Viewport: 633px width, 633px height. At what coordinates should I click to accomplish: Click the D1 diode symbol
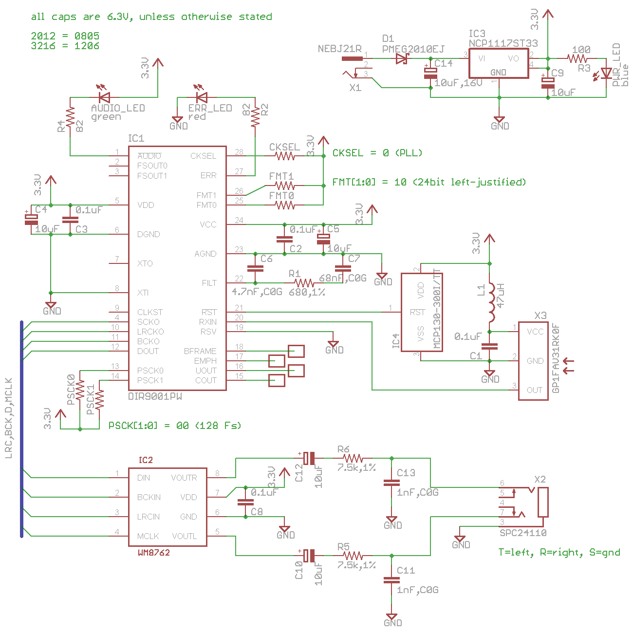click(402, 59)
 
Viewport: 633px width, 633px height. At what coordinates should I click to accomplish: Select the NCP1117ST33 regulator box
click(498, 63)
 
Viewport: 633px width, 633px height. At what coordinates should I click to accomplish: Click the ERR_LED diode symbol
click(201, 97)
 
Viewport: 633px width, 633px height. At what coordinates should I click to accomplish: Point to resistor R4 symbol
click(71, 118)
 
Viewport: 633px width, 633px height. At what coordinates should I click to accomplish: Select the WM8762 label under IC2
click(154, 553)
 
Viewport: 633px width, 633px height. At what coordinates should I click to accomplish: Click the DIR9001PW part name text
click(155, 396)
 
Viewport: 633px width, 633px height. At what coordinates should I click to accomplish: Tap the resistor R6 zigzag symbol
click(353, 458)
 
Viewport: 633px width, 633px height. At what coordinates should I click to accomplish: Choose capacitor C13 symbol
click(391, 483)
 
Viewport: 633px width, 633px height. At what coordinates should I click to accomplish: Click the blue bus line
click(21, 428)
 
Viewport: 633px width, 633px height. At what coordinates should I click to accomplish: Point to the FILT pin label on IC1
click(209, 283)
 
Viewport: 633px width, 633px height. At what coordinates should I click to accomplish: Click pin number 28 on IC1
click(239, 152)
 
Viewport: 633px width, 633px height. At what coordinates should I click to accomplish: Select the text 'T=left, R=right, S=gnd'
click(559, 552)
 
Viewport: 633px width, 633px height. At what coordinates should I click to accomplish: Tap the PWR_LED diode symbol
click(606, 73)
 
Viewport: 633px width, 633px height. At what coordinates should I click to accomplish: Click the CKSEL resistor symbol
click(285, 156)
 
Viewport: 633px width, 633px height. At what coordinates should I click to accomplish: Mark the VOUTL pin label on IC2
click(184, 536)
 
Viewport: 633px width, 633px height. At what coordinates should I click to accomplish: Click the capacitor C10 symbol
click(309, 556)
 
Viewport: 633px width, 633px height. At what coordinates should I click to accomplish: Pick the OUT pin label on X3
click(534, 390)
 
